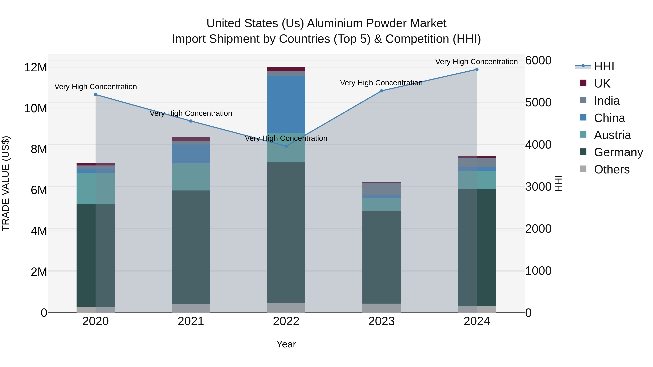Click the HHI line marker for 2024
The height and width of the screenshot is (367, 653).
477,69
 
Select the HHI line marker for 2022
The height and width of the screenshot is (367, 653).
286,146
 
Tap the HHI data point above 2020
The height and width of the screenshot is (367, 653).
96,94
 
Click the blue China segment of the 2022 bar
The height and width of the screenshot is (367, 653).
286,105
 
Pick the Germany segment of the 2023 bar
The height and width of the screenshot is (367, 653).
381,257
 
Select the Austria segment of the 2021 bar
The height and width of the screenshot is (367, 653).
191,177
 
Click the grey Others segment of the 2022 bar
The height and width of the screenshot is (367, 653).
286,308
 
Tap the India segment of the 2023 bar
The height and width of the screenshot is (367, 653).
381,189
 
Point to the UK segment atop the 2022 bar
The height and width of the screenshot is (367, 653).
286,69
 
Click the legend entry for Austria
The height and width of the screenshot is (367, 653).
612,135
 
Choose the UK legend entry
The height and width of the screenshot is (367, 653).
602,83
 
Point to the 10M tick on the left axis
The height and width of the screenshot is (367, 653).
36,108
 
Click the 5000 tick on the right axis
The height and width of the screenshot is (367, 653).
538,102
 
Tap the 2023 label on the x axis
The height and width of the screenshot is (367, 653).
381,321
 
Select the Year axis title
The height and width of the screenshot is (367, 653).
286,344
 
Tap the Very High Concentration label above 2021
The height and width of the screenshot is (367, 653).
191,113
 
